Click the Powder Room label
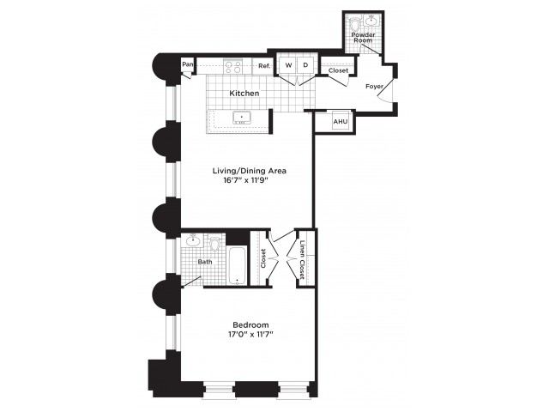pos(363,38)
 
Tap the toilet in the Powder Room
pos(354,24)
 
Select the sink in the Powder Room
pos(371,21)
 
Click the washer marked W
pos(288,65)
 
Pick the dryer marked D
pos(305,65)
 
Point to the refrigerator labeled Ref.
pos(263,66)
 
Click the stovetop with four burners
pos(233,67)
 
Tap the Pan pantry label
pos(188,64)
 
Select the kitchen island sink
pos(241,118)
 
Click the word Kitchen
pos(244,94)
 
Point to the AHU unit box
pos(341,121)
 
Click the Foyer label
pos(374,86)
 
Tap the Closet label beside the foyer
pos(338,70)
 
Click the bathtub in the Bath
pos(238,265)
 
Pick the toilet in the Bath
pos(214,243)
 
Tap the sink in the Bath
pos(193,240)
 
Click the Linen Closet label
pos(303,259)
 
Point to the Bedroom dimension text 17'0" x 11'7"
pos(250,334)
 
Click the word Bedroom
pos(250,324)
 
